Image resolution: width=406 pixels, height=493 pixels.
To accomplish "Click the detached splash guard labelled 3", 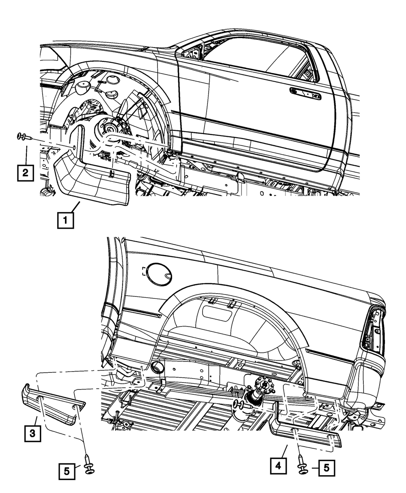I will point(53,408).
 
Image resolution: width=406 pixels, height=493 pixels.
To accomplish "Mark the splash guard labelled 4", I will point(304,432).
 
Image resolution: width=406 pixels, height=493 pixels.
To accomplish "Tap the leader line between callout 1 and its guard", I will point(76,207).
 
